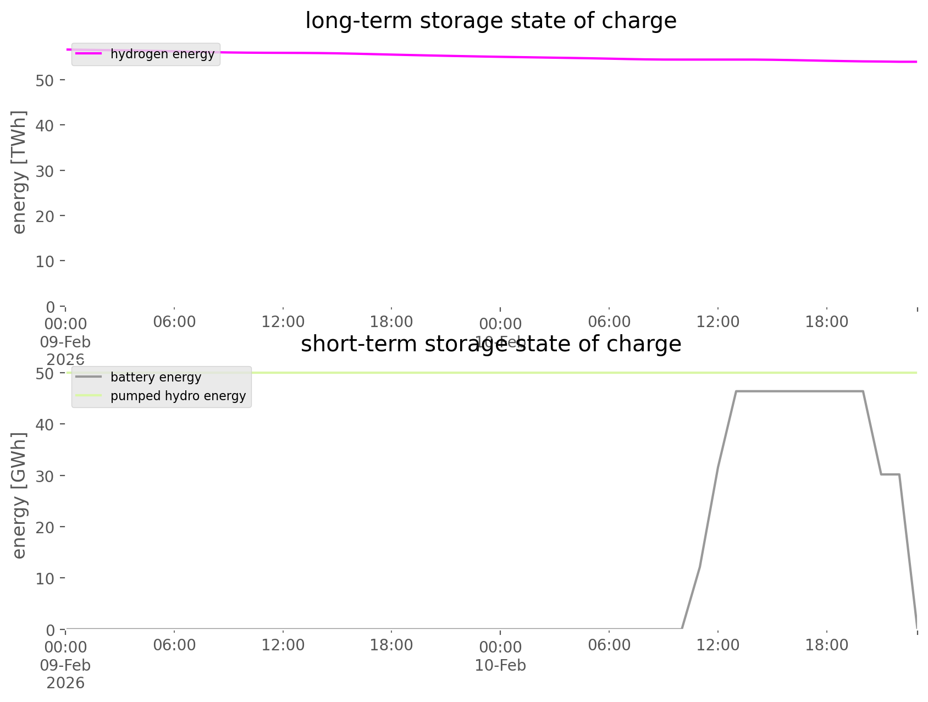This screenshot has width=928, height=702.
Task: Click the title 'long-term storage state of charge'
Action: tap(490, 21)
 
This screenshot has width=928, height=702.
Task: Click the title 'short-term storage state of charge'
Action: tap(491, 344)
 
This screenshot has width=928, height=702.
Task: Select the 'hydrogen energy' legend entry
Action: tap(162, 54)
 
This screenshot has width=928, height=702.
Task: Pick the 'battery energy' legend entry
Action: tap(156, 377)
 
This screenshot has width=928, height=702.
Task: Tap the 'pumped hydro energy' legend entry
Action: tap(178, 396)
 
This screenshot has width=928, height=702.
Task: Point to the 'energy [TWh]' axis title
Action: tap(19, 172)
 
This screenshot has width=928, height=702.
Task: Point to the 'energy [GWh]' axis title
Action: tap(19, 495)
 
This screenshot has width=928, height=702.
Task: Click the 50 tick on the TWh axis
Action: tap(46, 80)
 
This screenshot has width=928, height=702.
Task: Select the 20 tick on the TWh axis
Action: tap(46, 215)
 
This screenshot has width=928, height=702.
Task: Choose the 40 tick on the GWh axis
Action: tap(46, 424)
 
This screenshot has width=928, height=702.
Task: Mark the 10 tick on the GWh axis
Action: tap(46, 578)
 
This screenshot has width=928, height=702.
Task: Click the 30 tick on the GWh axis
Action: tap(46, 476)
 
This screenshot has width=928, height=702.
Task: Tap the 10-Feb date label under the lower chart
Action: tap(500, 666)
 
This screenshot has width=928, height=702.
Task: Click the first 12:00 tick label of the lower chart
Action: tap(283, 645)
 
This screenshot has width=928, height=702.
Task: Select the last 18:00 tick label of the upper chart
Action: tap(826, 322)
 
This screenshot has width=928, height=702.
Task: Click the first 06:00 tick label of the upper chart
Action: tap(174, 322)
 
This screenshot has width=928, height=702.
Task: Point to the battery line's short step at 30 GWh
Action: tap(890, 474)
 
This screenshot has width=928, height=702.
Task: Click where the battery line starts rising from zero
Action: tap(682, 628)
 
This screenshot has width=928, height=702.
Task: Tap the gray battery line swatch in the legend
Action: tap(89, 377)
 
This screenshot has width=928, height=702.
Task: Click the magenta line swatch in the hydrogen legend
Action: tap(89, 54)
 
